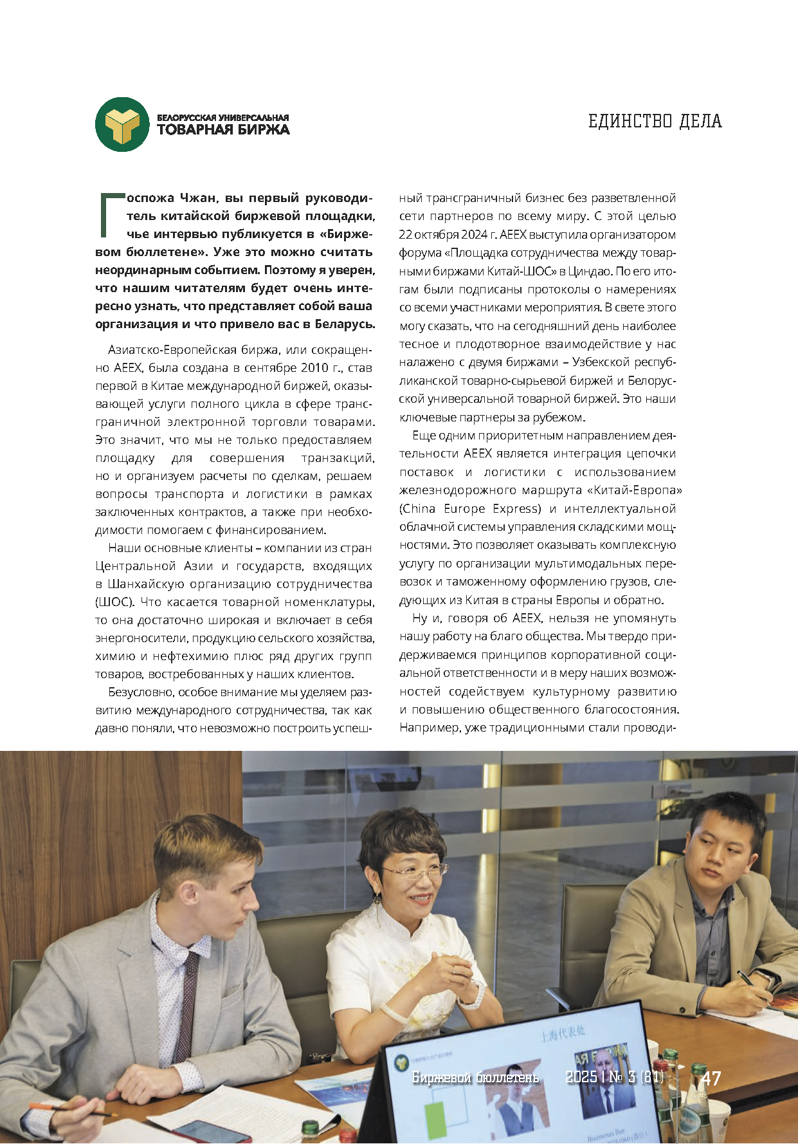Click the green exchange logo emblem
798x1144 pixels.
pos(122,124)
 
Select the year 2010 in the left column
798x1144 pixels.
pos(314,368)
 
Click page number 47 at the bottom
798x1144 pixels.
pos(711,1078)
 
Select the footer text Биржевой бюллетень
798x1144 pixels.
pos(475,1078)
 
